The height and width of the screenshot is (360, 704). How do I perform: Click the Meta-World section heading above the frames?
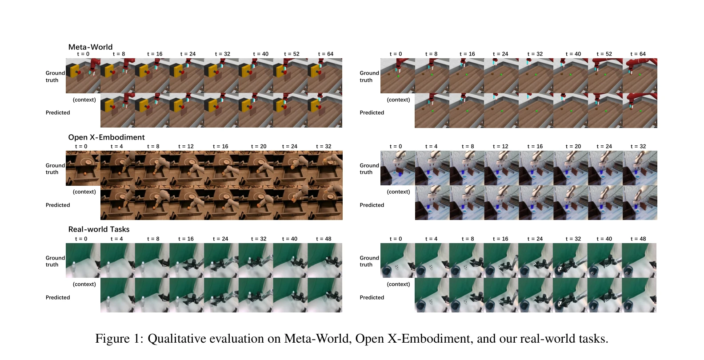point(90,47)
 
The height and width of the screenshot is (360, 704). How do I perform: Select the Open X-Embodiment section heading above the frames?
point(106,137)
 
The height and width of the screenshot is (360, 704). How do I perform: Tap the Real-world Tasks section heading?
point(99,229)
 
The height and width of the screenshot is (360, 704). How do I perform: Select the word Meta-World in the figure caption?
point(318,339)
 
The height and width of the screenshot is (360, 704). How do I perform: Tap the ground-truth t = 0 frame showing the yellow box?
point(83,76)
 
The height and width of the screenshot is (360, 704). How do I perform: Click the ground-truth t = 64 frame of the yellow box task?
point(325,76)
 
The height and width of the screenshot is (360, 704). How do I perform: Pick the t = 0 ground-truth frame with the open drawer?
point(83,168)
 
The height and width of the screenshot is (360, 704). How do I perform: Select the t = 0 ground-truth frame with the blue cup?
point(398,168)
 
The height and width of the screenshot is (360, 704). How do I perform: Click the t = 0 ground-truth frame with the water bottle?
point(83,260)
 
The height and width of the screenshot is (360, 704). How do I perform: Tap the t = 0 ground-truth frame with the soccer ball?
point(398,260)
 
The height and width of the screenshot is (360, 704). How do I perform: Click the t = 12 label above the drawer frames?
point(186,147)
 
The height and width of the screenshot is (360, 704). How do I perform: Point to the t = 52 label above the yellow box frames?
point(292,54)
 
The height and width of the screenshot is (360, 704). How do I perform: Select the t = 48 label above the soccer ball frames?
point(638,239)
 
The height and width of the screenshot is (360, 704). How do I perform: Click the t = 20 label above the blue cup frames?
point(573,147)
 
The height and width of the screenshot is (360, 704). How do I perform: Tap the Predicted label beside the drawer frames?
point(58,205)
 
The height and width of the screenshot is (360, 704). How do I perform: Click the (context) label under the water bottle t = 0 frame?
point(84,284)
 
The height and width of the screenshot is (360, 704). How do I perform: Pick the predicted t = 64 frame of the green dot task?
point(640,110)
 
